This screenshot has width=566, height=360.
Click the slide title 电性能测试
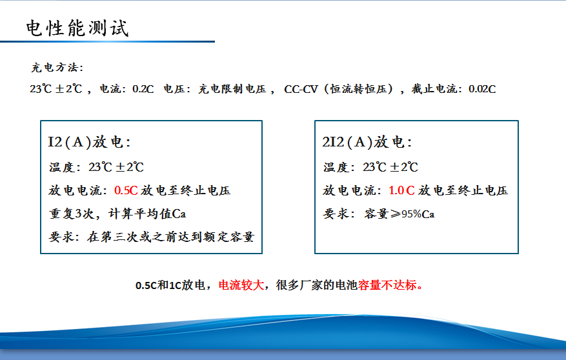coord(77,28)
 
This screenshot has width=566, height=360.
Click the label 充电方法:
coord(57,68)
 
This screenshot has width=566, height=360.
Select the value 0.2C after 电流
coord(143,89)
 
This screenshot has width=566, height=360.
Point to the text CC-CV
coord(301,89)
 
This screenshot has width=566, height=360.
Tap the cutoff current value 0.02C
coord(482,89)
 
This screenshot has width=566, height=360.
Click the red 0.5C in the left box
coord(126,190)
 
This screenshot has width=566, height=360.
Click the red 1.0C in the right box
coord(402,190)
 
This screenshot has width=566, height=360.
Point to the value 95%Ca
coord(418,214)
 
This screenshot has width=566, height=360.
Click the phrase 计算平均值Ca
coord(147,214)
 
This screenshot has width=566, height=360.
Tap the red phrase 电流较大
coord(241,285)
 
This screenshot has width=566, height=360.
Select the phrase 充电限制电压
coord(232,89)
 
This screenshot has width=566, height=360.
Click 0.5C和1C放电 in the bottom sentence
coord(170,285)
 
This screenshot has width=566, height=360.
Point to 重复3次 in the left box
coord(72,214)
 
